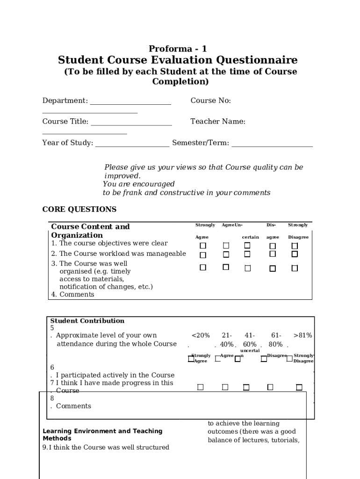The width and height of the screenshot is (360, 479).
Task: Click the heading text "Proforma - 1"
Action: [178, 49]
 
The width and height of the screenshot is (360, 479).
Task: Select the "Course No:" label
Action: [210, 101]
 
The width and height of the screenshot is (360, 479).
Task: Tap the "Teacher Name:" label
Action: [218, 122]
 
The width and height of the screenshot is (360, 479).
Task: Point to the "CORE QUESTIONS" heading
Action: [79, 209]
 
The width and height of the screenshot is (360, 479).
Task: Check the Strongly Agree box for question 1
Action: [203, 246]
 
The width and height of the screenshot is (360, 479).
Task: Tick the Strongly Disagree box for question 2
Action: [295, 254]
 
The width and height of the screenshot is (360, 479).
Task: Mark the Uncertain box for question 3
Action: [247, 268]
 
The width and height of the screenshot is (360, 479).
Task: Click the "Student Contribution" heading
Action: [87, 321]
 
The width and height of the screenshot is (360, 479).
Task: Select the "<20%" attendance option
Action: [201, 335]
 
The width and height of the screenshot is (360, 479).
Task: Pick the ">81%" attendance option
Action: [302, 335]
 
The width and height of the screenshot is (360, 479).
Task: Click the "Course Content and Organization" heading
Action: [90, 231]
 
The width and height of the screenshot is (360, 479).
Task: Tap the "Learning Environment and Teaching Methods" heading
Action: [102, 435]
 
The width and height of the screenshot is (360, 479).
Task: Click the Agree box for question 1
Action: [226, 246]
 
